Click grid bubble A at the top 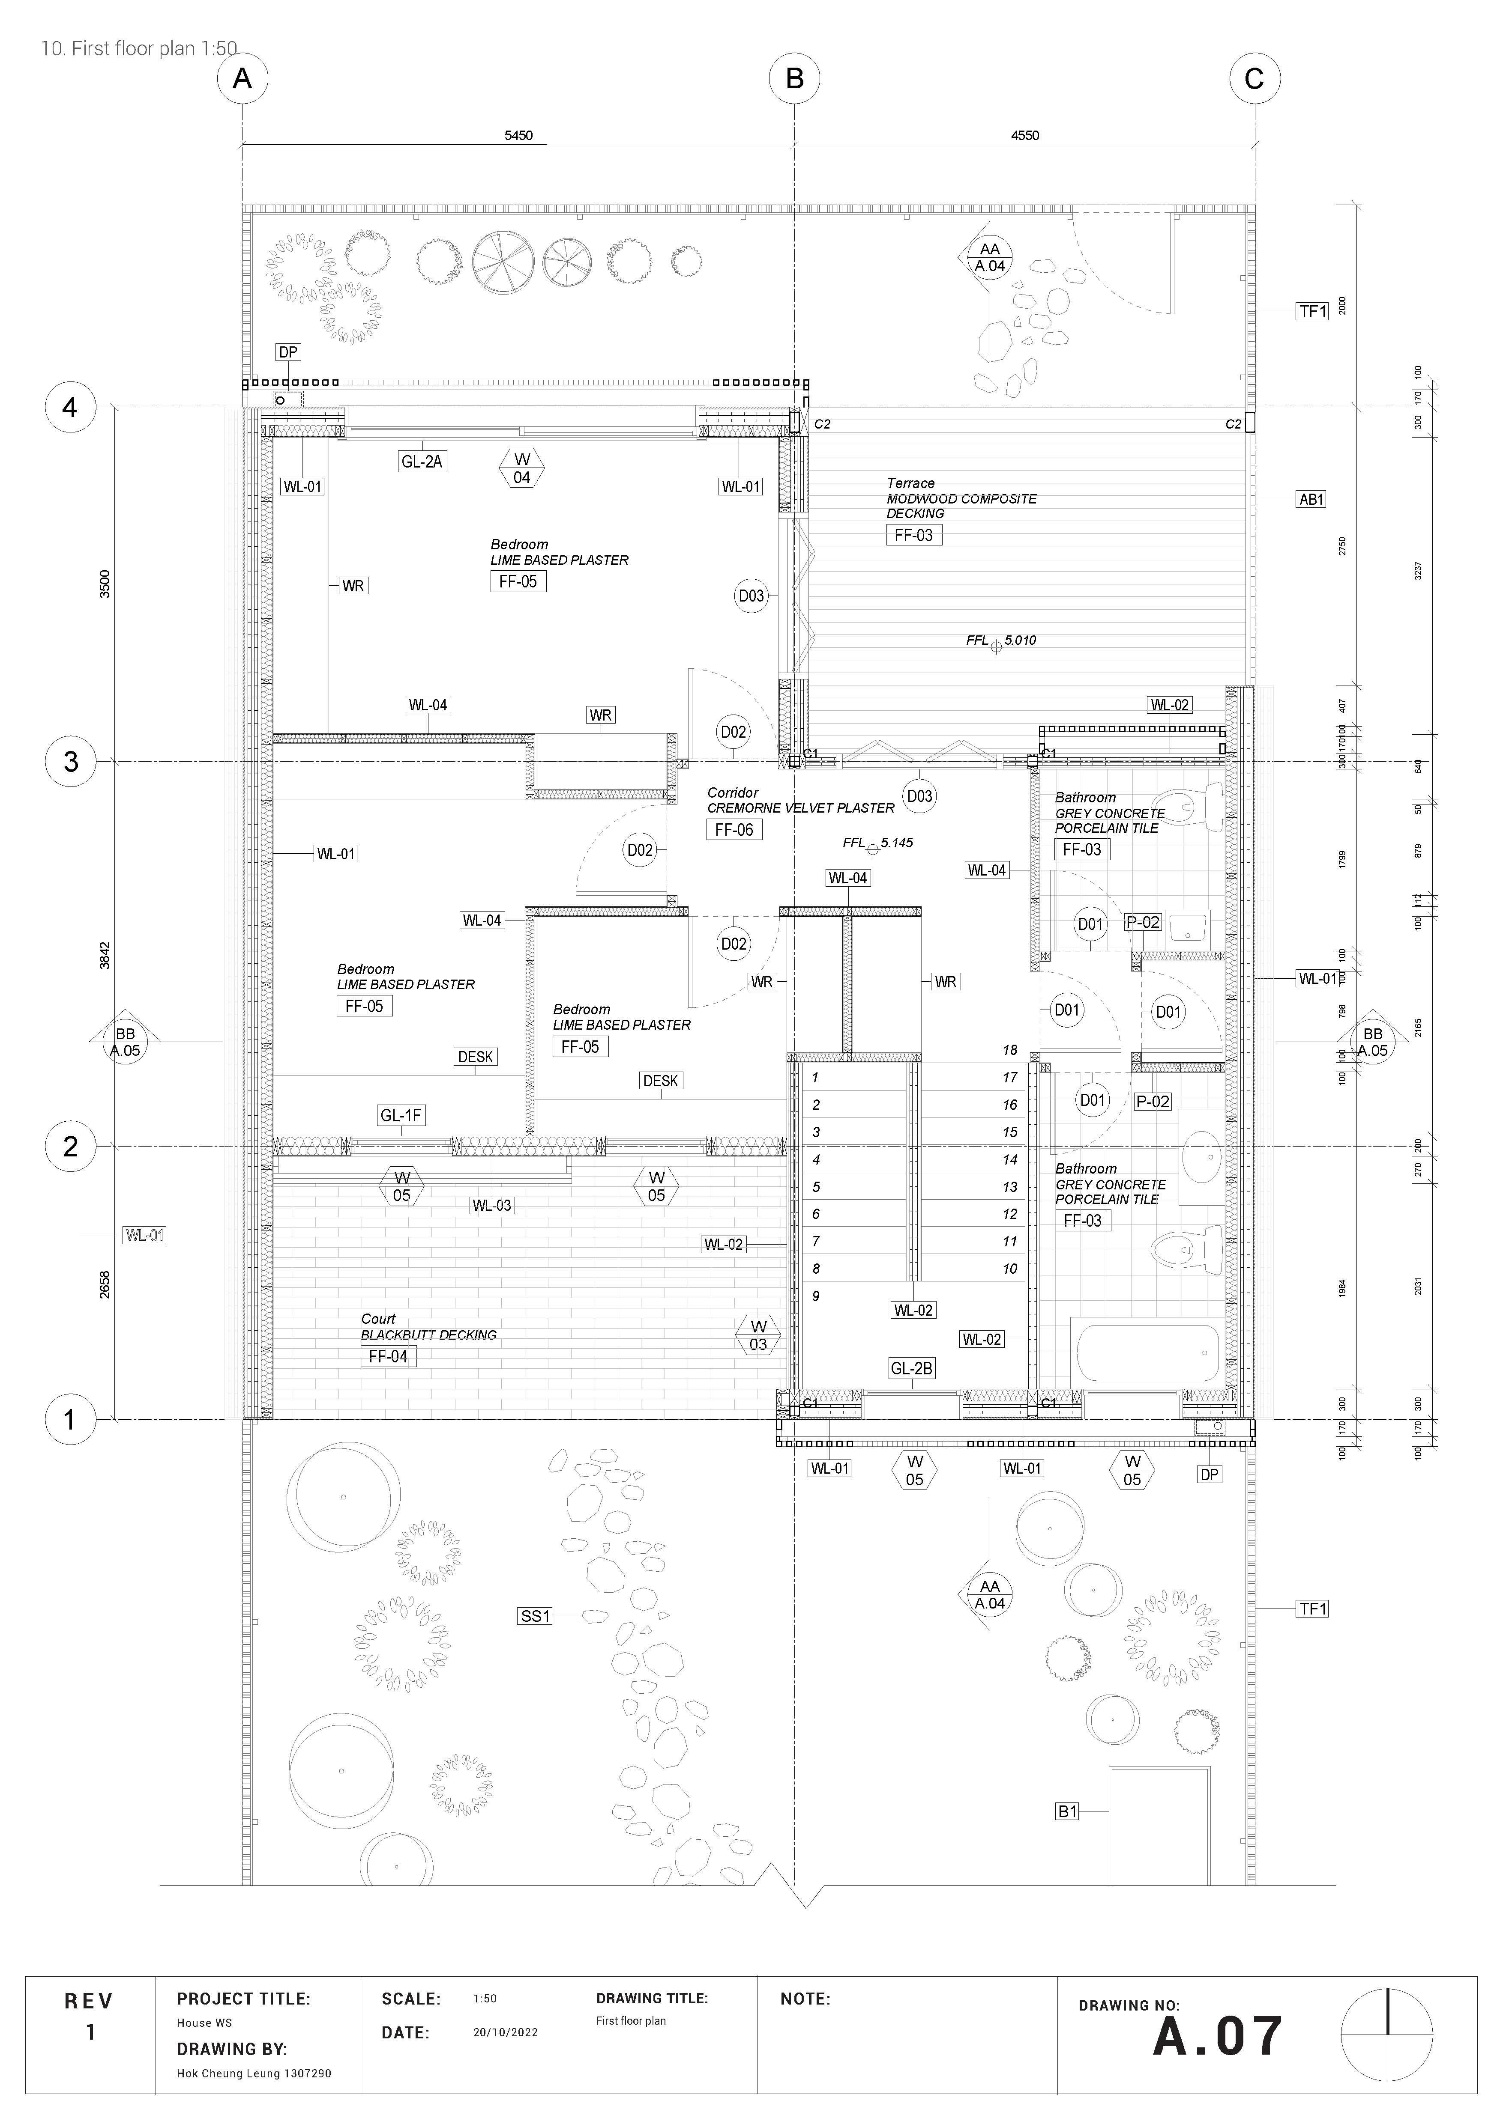[243, 79]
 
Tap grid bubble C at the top [1254, 79]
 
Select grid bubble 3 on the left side [70, 762]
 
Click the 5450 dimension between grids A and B [518, 135]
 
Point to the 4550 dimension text [1024, 135]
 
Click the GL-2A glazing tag [422, 462]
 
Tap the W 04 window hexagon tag [522, 468]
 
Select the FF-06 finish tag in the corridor [734, 830]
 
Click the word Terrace [911, 483]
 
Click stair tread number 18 [1010, 1050]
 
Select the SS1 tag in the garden [535, 1616]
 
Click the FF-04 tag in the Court [388, 1356]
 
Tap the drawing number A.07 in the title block [1217, 2037]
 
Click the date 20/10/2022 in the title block [505, 2032]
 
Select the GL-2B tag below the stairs [912, 1368]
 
